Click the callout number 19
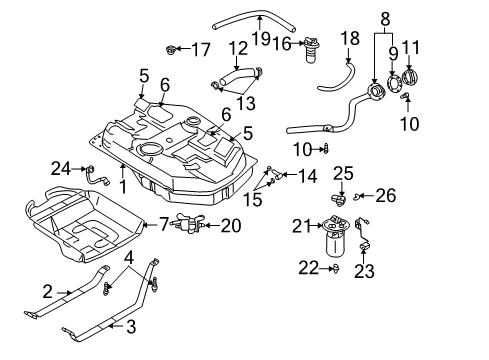(261, 38)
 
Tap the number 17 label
(201, 50)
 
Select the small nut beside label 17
(171, 50)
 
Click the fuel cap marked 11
(409, 77)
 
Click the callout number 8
(385, 19)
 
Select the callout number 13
(246, 103)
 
